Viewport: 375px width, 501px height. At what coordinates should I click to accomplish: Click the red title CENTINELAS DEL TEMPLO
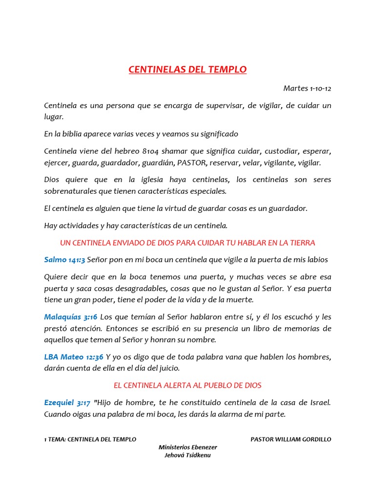[187, 69]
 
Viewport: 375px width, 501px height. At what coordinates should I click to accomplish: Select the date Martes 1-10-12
[307, 89]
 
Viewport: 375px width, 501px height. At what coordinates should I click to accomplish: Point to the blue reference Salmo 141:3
[64, 259]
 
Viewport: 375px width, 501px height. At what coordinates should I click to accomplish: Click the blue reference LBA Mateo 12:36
[74, 357]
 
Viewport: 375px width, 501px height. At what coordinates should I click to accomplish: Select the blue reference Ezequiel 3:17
[67, 403]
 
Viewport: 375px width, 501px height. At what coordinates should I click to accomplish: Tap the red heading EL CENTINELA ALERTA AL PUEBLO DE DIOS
[187, 386]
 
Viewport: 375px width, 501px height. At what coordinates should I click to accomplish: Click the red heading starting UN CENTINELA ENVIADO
[187, 243]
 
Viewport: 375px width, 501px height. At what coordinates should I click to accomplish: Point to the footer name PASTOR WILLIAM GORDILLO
[291, 439]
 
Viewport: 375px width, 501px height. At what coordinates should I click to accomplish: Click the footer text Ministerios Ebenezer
[188, 447]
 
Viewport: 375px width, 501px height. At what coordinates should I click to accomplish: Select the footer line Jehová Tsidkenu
[188, 455]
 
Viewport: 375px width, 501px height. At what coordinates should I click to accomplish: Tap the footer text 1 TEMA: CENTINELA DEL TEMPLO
[90, 439]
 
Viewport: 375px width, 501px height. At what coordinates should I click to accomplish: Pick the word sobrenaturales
[69, 191]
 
